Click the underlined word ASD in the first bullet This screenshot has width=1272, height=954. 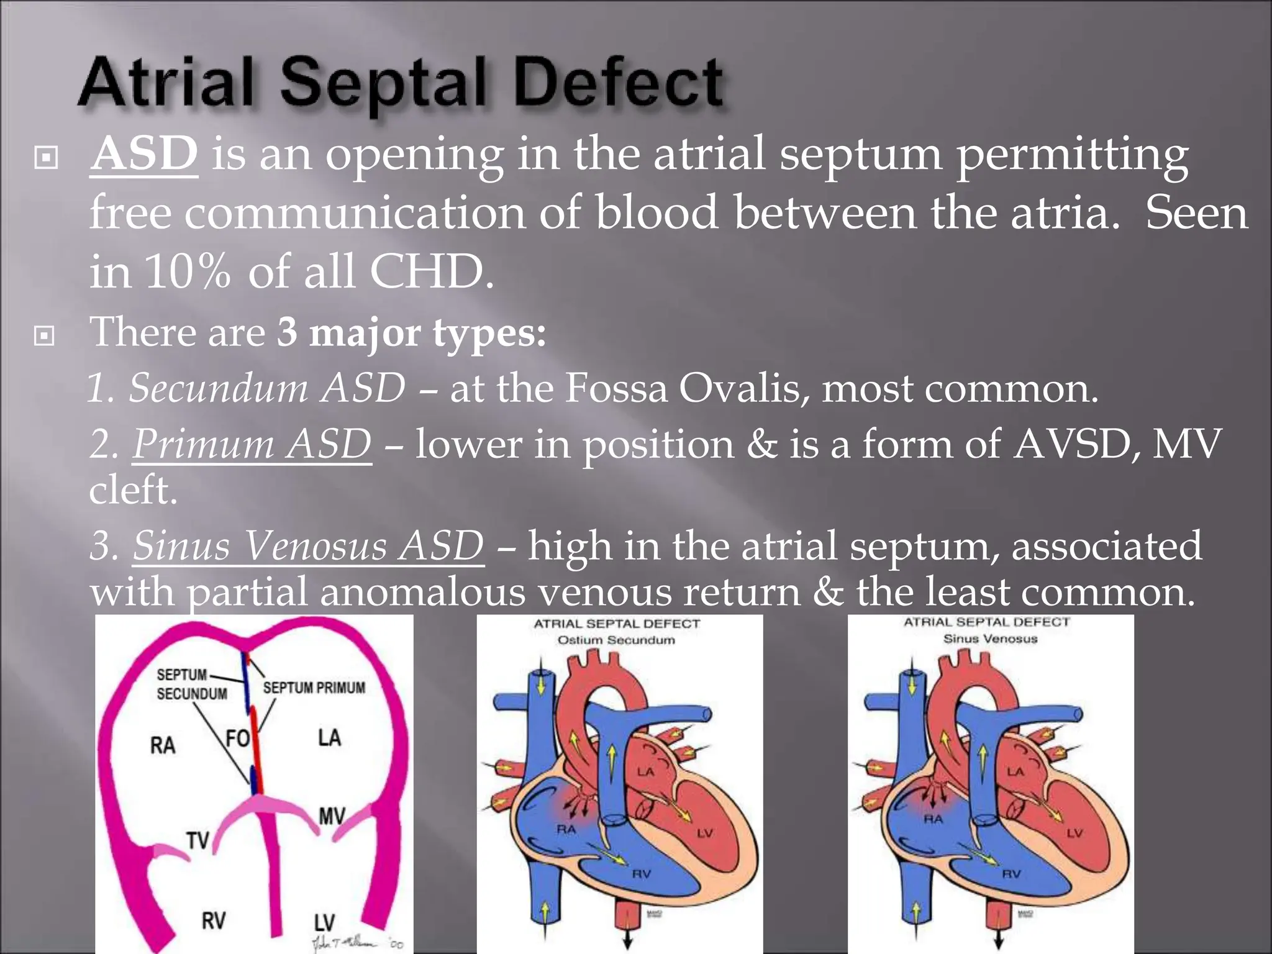point(144,153)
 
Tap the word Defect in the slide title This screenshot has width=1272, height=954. point(619,84)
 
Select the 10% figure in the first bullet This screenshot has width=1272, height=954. point(187,271)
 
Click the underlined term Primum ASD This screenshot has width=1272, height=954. point(252,444)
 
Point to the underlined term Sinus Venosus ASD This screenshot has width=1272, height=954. point(308,546)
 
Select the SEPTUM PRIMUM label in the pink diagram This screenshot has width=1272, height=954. point(314,688)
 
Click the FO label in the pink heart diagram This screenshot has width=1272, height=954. point(237,738)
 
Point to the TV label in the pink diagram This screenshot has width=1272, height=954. point(198,840)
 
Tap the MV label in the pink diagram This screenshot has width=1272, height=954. point(332,816)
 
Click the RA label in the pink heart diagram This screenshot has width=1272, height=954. point(163,745)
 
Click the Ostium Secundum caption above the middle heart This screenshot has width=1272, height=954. point(616,640)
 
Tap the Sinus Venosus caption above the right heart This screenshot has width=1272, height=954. point(990,638)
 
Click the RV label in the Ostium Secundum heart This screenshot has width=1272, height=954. point(641,874)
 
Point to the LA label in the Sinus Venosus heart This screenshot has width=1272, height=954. point(1015,772)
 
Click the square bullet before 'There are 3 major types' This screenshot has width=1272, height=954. point(45,336)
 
